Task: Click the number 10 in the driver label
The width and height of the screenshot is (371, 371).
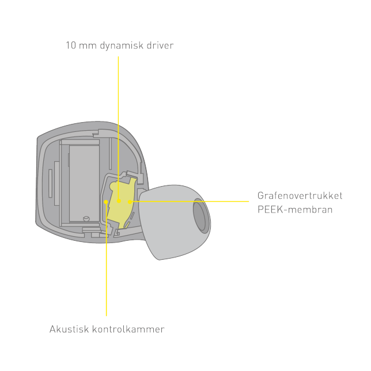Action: (71, 45)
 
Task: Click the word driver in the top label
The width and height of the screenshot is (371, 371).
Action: (160, 45)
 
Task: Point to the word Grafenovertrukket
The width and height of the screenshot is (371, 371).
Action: (300, 195)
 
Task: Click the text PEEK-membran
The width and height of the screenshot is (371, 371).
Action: (295, 209)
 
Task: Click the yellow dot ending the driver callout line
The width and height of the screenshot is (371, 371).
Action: (119, 201)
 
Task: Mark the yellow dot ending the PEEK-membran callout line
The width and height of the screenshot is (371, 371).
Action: (130, 202)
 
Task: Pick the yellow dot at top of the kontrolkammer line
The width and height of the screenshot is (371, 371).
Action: (106, 202)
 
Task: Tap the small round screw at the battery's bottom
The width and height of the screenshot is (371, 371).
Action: (86, 219)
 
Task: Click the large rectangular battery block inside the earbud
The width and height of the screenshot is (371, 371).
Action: (84, 184)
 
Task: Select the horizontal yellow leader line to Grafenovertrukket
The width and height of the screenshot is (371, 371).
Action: (190, 202)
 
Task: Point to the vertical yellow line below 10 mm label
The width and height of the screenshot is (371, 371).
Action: (118, 128)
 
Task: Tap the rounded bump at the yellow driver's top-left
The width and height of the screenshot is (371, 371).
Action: (113, 185)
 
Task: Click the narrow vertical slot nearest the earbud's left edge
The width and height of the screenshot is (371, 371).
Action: (50, 183)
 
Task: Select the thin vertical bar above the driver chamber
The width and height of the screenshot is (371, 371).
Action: (110, 153)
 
